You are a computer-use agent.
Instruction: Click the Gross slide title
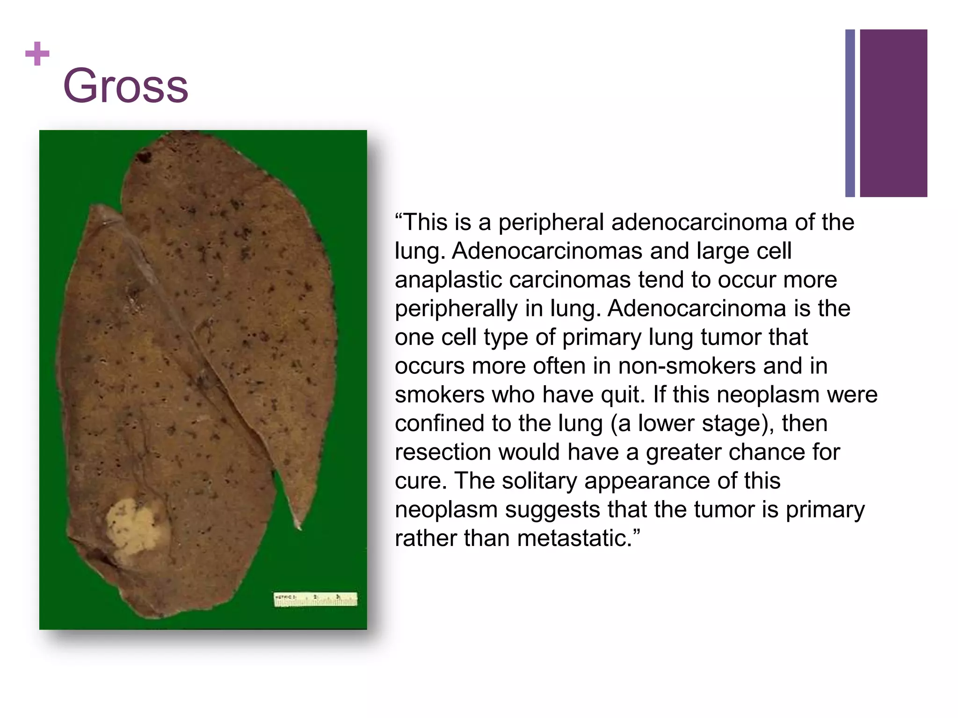[125, 86]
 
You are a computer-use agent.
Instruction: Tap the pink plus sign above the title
[37, 54]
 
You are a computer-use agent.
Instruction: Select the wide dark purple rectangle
[893, 113]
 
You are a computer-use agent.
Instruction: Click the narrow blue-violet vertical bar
[850, 113]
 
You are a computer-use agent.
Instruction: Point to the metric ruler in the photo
[315, 599]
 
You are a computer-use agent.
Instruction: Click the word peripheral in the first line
[551, 222]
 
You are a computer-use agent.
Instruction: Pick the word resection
[443, 452]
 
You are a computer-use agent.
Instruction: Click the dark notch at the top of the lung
[144, 157]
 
